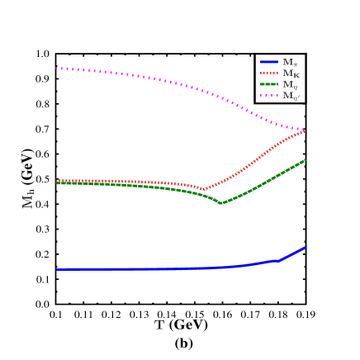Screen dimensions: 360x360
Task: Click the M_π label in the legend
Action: (x=290, y=63)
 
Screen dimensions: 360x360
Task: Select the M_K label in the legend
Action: (x=291, y=73)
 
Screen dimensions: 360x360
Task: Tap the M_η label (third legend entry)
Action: (x=290, y=84)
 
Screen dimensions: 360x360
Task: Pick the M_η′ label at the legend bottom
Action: (x=291, y=96)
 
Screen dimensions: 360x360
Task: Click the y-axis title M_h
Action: (x=28, y=199)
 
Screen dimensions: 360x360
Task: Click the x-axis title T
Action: (x=159, y=325)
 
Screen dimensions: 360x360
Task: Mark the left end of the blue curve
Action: (x=56, y=269)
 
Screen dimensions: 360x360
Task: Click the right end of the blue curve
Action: (x=306, y=248)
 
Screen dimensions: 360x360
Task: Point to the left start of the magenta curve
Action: (x=56, y=69)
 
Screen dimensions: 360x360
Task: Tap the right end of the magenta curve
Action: (x=305, y=130)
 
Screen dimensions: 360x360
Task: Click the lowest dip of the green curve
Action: (x=221, y=203)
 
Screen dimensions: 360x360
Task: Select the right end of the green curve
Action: (x=306, y=160)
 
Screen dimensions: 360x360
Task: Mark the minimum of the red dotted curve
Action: (x=203, y=189)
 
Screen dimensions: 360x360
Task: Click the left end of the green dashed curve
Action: (x=56, y=182)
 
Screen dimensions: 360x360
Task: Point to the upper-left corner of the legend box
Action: (x=256, y=55)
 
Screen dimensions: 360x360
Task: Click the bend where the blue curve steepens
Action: (x=278, y=260)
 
